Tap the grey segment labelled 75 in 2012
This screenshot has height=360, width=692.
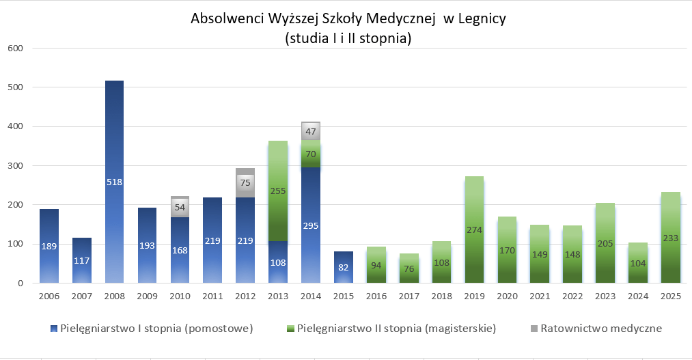click(x=245, y=183)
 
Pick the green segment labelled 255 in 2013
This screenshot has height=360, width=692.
click(x=278, y=191)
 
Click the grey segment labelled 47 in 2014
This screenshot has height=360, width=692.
click(x=311, y=131)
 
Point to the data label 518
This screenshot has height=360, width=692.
click(x=114, y=182)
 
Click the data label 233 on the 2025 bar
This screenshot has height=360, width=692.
click(x=670, y=239)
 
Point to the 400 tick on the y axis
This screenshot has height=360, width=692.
click(x=16, y=126)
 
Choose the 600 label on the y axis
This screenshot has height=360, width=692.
click(x=16, y=49)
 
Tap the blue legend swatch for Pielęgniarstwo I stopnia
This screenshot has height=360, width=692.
click(x=54, y=329)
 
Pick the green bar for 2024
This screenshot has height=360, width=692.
click(x=637, y=263)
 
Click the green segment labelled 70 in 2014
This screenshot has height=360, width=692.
click(x=311, y=154)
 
